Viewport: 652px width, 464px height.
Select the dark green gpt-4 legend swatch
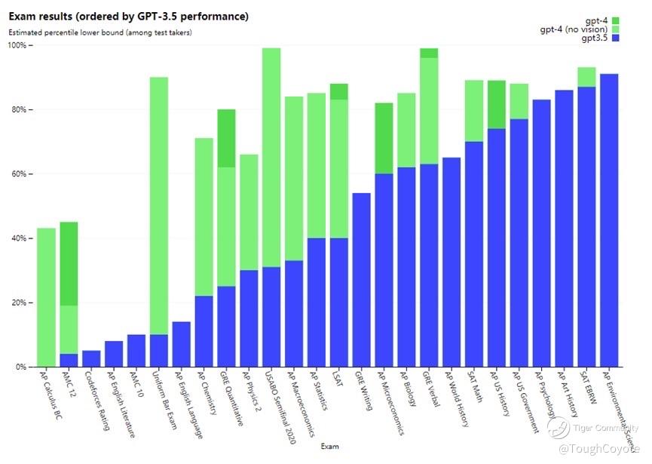pyautogui.click(x=616, y=20)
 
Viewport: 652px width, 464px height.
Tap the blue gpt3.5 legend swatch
pyautogui.click(x=616, y=38)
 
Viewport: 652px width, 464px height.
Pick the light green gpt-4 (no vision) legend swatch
pyautogui.click(x=616, y=29)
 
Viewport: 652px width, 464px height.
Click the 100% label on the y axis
pyautogui.click(x=17, y=45)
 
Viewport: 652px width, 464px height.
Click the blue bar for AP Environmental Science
pyautogui.click(x=610, y=219)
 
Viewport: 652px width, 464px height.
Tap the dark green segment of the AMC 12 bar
pyautogui.click(x=69, y=264)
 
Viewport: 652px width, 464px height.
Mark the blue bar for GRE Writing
pyautogui.click(x=362, y=279)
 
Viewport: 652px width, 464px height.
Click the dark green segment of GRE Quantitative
pyautogui.click(x=226, y=138)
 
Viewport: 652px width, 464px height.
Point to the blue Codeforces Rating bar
pyautogui.click(x=91, y=359)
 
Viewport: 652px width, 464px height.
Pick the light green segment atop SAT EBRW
pyautogui.click(x=587, y=77)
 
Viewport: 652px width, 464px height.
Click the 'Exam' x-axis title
pyautogui.click(x=329, y=446)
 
